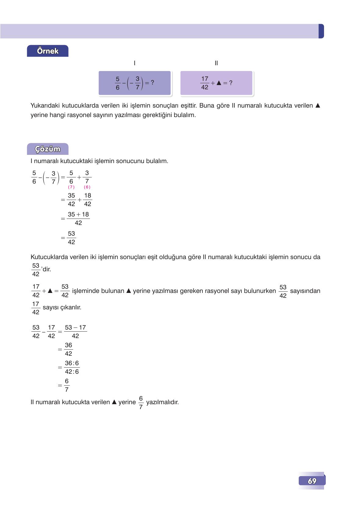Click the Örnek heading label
pyautogui.click(x=48, y=51)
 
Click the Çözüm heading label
pyautogui.click(x=48, y=149)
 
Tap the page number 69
pyautogui.click(x=312, y=481)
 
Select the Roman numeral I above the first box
pyautogui.click(x=134, y=63)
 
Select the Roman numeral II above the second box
pyautogui.click(x=216, y=63)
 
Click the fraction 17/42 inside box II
pyautogui.click(x=205, y=83)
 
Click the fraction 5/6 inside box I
pyautogui.click(x=117, y=83)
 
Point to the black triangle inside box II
pyautogui.click(x=219, y=83)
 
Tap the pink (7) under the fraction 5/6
pyautogui.click(x=71, y=187)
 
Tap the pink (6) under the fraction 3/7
pyautogui.click(x=87, y=187)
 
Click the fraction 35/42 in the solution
pyautogui.click(x=71, y=200)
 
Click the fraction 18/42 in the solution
pyautogui.click(x=87, y=200)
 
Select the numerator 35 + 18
pyautogui.click(x=78, y=215)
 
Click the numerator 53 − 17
pyautogui.click(x=75, y=328)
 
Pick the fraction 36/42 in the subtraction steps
pyautogui.click(x=68, y=349)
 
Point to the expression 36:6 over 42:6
pyautogui.click(x=72, y=367)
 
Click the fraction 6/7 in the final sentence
pyautogui.click(x=141, y=403)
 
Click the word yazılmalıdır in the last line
pyautogui.click(x=162, y=402)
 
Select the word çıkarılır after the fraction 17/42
pyautogui.click(x=71, y=308)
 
